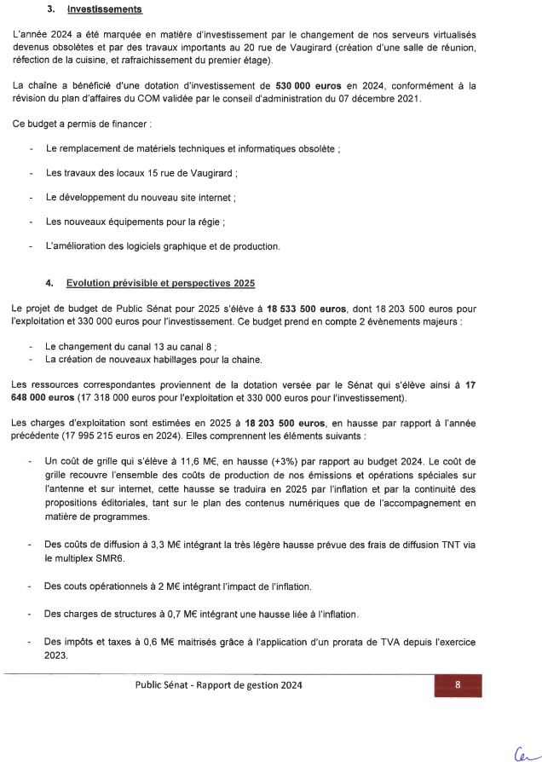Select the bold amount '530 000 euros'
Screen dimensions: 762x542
point(309,86)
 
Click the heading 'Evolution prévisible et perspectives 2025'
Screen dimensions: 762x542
point(160,282)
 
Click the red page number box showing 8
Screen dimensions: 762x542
point(458,684)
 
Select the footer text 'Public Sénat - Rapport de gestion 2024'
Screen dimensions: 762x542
point(218,685)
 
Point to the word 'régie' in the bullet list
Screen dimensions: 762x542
point(206,222)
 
